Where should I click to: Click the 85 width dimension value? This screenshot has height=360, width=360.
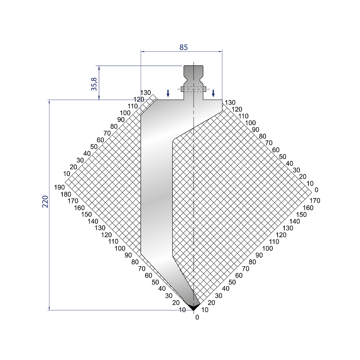point(184,47)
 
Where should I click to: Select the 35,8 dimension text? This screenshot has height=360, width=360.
point(94,84)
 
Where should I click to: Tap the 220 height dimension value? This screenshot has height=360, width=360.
point(45,202)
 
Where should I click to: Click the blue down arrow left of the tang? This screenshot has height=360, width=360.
point(168,93)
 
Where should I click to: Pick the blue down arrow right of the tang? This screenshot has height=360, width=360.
point(213,93)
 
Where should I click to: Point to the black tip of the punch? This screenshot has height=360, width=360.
point(194,307)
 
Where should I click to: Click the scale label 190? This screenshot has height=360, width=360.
point(59,187)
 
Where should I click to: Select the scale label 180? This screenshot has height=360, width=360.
point(66,194)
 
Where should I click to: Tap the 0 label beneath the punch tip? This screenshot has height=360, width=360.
point(197,317)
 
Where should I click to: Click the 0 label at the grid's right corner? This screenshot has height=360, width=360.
point(316,190)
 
